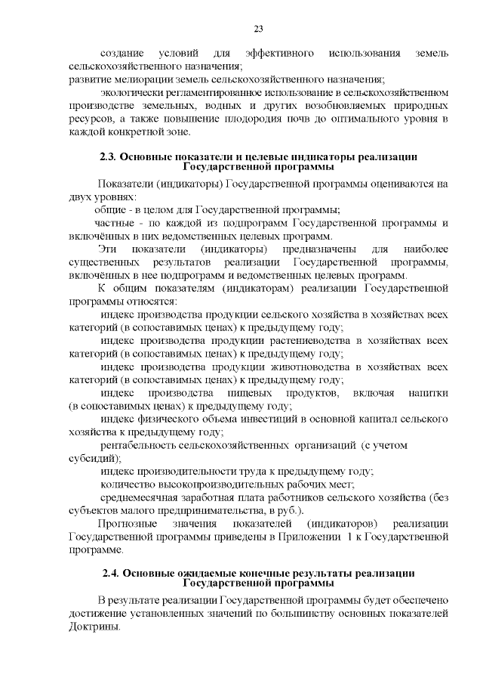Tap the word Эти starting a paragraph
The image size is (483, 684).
coord(109,249)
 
